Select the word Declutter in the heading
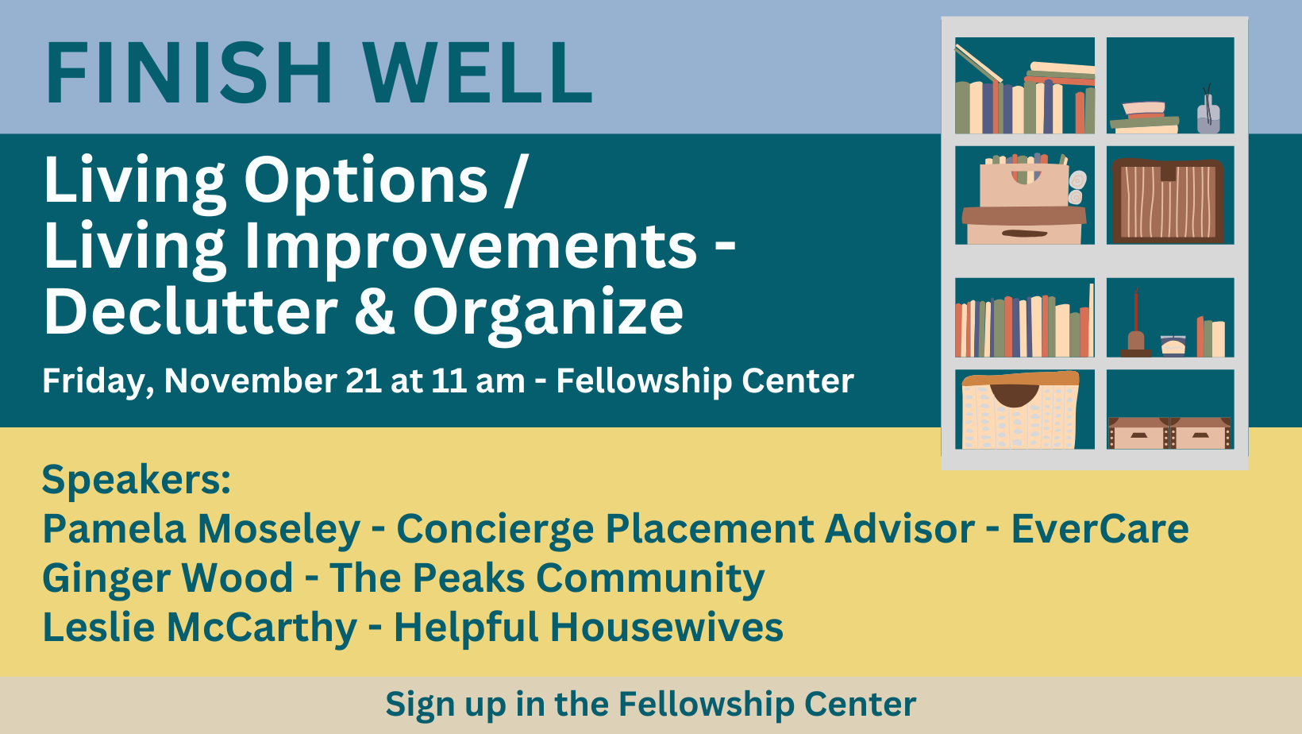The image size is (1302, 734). [x=191, y=311]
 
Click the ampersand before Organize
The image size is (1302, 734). [x=375, y=312]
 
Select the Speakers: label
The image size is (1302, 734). [x=137, y=481]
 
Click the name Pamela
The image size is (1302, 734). [x=114, y=529]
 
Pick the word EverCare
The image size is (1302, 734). [x=1100, y=529]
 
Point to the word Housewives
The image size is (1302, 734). [x=667, y=628]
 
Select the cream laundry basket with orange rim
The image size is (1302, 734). [x=1020, y=411]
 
